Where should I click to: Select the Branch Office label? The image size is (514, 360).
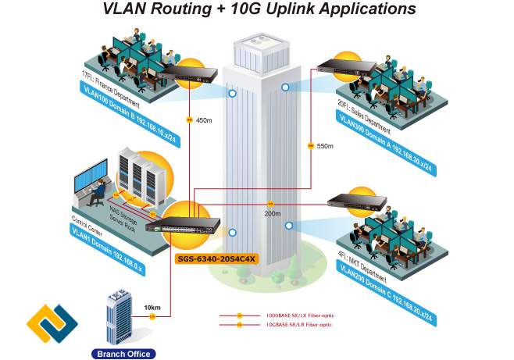[x=123, y=354]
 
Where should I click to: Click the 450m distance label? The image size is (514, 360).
[x=203, y=120]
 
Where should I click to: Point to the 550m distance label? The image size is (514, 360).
[x=324, y=146]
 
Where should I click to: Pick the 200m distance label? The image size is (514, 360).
[x=272, y=213]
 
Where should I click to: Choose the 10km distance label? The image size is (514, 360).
[x=152, y=308]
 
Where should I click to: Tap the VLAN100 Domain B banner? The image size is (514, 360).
[x=130, y=105]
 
